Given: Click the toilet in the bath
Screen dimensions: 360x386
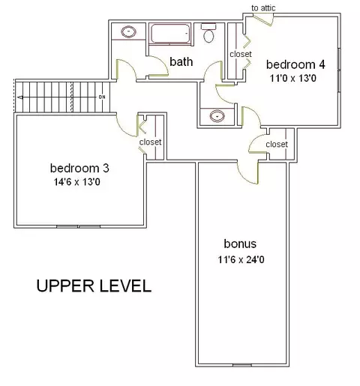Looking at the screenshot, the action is click(x=208, y=33).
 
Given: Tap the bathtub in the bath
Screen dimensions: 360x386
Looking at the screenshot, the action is click(x=170, y=34).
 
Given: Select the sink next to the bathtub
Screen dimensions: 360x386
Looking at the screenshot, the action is click(x=128, y=31).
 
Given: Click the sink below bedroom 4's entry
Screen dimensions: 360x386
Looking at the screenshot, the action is click(x=217, y=116).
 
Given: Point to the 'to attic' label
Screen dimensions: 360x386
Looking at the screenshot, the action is click(x=263, y=8).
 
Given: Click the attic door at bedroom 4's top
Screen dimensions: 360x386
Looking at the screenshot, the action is click(x=263, y=20).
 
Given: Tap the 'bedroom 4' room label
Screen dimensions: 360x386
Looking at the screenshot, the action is click(x=295, y=64).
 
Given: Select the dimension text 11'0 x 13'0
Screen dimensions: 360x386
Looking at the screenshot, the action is click(x=293, y=79).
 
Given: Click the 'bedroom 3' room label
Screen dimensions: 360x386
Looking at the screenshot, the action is click(x=79, y=168).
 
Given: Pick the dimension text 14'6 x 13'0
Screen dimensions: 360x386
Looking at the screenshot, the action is click(x=77, y=182).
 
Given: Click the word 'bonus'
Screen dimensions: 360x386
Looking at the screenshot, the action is click(x=240, y=244).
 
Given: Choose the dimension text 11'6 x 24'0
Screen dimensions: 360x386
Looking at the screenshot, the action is click(x=241, y=260).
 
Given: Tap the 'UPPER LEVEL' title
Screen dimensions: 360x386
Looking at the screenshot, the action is click(x=94, y=286).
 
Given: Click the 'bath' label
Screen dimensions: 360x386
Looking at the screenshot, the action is click(x=181, y=61).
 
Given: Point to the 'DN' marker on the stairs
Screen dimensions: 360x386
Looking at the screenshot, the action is click(x=102, y=97).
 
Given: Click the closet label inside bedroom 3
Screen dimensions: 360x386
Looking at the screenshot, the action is click(x=150, y=142).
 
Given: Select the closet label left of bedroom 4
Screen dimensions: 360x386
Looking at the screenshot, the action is click(x=241, y=54).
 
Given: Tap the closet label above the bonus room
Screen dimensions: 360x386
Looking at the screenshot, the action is click(x=277, y=144).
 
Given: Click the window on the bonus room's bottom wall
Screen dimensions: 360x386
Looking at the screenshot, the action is click(x=242, y=365).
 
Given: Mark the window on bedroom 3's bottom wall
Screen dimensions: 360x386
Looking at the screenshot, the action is click(x=79, y=226).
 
